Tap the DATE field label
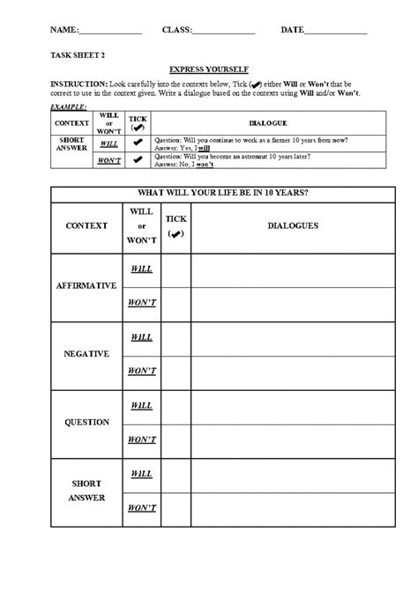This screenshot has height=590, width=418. tap(291, 30)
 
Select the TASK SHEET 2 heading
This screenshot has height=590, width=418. tap(77, 55)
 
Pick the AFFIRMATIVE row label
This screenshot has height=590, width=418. tap(86, 286)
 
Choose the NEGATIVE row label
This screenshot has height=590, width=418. tap(86, 353)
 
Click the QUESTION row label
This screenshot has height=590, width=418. tap(86, 422)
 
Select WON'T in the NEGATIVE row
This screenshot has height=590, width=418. tap(141, 371)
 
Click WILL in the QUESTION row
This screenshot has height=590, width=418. tap(141, 405)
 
